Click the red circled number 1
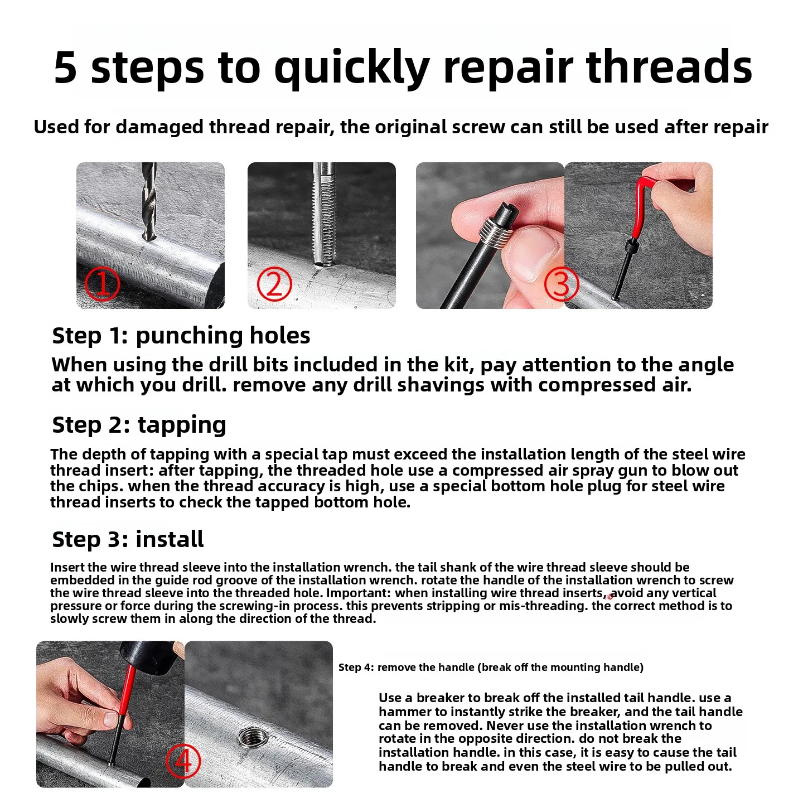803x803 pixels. [x=102, y=284]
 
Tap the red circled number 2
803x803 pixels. [x=274, y=284]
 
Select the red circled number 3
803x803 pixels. [x=562, y=284]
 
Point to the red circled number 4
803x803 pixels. [x=183, y=761]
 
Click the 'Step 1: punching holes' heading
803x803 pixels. [x=181, y=336]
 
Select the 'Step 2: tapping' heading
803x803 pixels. [x=139, y=425]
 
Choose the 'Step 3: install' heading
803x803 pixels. [x=128, y=539]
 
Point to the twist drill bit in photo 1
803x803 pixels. [x=149, y=202]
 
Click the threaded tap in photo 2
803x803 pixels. [x=325, y=214]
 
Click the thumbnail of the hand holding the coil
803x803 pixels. [x=490, y=235]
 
